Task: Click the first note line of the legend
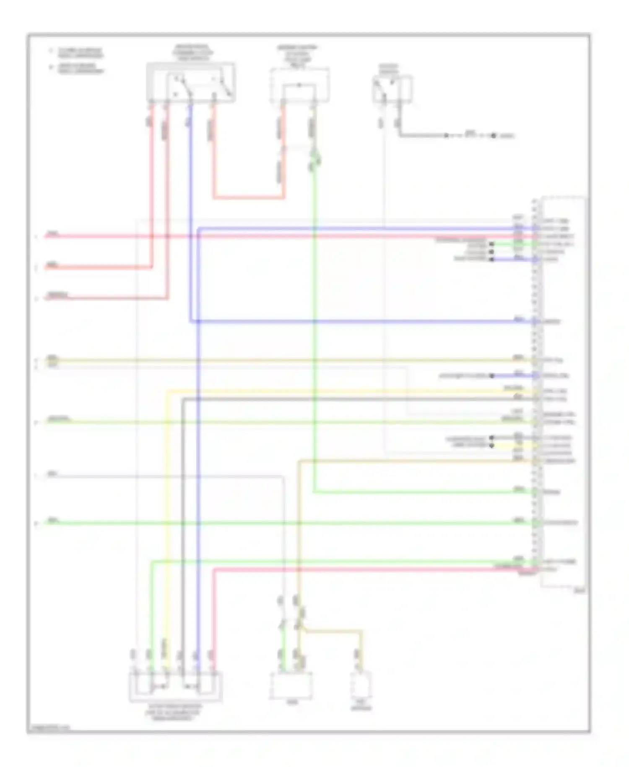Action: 80,52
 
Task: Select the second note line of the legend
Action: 80,68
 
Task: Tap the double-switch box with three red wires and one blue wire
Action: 191,82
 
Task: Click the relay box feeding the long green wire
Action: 299,85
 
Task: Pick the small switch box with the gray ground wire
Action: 392,89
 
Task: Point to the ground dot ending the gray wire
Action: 494,136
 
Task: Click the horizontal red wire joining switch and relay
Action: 249,197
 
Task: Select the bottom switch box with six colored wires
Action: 175,686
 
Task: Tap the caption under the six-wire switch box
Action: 173,712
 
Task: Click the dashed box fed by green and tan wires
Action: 291,685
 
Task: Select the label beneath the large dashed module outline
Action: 580,591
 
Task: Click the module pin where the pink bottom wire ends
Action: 535,569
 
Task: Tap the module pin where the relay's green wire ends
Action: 535,491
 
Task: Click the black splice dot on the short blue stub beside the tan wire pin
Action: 492,376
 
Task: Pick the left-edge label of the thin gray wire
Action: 52,474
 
